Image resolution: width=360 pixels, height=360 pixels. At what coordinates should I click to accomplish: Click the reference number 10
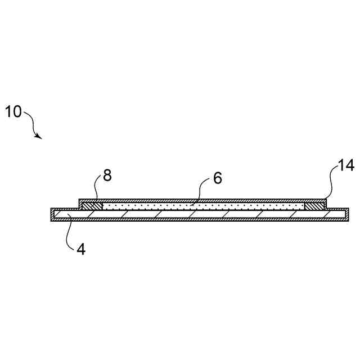pyautogui.click(x=13, y=111)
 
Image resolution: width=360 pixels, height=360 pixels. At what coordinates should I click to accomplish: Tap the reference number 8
pyautogui.click(x=107, y=175)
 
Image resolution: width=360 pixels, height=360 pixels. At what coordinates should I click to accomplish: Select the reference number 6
pyautogui.click(x=218, y=178)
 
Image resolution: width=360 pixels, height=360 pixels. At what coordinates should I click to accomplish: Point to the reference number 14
pyautogui.click(x=345, y=166)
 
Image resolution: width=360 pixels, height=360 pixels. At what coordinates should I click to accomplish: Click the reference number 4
pyautogui.click(x=81, y=249)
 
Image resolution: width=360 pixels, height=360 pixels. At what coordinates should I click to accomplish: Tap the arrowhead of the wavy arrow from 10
pyautogui.click(x=38, y=136)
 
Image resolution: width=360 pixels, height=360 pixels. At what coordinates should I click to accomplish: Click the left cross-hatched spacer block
pyautogui.click(x=92, y=206)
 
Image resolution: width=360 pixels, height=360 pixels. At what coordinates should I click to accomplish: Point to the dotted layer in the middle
pyautogui.click(x=202, y=206)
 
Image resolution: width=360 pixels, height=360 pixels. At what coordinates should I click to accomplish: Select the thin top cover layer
pyautogui.click(x=202, y=200)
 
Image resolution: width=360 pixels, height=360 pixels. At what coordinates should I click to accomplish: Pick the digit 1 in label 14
pyautogui.click(x=340, y=166)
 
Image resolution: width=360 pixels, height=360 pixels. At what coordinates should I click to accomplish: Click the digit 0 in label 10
pyautogui.click(x=17, y=111)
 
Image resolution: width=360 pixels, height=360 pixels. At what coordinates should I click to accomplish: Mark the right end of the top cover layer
pyautogui.click(x=325, y=201)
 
